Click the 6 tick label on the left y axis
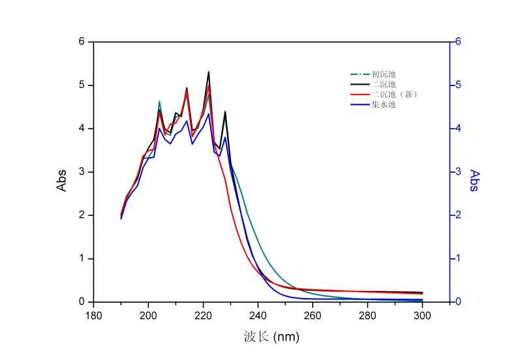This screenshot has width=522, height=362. pyautogui.click(x=82, y=41)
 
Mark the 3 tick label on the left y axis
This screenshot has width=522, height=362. pyautogui.click(x=82, y=172)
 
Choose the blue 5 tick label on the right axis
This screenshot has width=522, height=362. pyautogui.click(x=459, y=85)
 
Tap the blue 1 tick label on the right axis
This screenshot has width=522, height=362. pyautogui.click(x=459, y=258)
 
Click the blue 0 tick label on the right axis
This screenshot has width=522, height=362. pyautogui.click(x=459, y=302)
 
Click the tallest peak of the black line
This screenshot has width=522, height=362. pyautogui.click(x=208, y=72)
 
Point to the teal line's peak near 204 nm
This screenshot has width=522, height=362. pyautogui.click(x=159, y=102)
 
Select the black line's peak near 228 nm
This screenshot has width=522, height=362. pyautogui.click(x=225, y=112)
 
